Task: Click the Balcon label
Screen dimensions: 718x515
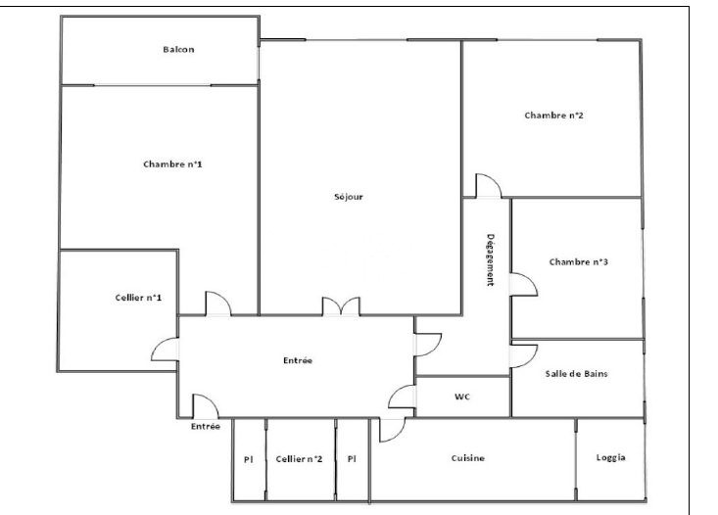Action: click(178, 49)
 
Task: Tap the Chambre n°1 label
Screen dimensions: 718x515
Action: click(172, 164)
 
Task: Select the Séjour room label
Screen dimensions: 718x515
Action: click(349, 197)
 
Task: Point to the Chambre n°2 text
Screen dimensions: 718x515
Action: click(554, 116)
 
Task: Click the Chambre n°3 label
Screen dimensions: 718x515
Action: click(579, 261)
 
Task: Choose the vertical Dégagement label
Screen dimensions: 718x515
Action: click(491, 260)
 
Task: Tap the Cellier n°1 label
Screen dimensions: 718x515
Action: click(138, 298)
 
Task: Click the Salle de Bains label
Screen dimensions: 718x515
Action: click(577, 374)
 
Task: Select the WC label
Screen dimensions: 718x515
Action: click(462, 397)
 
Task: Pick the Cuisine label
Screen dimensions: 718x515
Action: click(468, 458)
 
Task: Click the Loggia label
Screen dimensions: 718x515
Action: click(611, 457)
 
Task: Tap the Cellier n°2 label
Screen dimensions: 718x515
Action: click(299, 458)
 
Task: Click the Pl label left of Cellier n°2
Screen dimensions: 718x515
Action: click(249, 459)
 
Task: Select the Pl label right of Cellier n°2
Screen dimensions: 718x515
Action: click(352, 458)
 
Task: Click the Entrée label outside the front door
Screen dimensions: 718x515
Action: click(206, 427)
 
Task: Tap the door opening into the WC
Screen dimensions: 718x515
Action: click(402, 397)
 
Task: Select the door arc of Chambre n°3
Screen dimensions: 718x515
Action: click(524, 285)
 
